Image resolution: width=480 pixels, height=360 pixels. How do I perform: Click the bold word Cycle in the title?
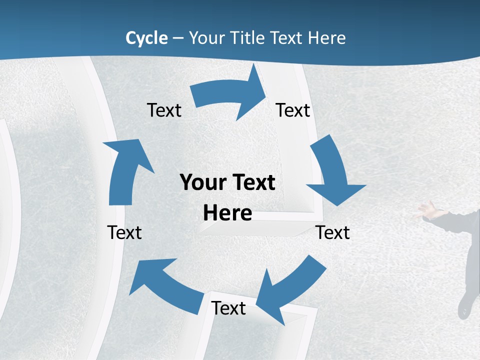pyautogui.click(x=146, y=38)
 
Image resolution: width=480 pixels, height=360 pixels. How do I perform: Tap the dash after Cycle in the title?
pyautogui.click(x=178, y=38)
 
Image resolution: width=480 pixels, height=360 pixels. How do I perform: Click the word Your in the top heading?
pyautogui.click(x=207, y=38)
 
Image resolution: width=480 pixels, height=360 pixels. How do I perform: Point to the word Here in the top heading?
pyautogui.click(x=324, y=38)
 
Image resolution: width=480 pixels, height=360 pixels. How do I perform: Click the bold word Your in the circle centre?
pyautogui.click(x=203, y=182)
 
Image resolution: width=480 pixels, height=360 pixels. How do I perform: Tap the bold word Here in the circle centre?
pyautogui.click(x=227, y=213)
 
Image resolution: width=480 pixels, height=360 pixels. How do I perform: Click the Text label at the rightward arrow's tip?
pyautogui.click(x=293, y=110)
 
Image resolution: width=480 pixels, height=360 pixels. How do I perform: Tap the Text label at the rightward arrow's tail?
pyautogui.click(x=164, y=110)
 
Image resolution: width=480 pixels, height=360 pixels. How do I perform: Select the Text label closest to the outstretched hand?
pyautogui.click(x=333, y=232)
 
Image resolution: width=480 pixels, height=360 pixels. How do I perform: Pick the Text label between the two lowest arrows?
pyautogui.click(x=228, y=308)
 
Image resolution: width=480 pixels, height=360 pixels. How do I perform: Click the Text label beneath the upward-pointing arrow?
pyautogui.click(x=124, y=232)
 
